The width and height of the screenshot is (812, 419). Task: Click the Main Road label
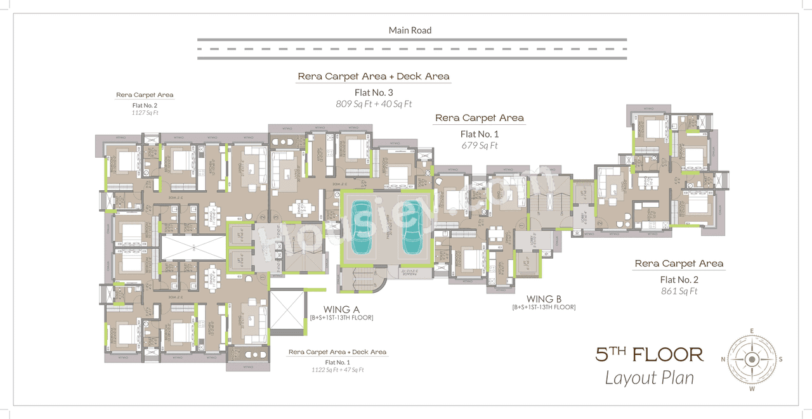click(x=410, y=30)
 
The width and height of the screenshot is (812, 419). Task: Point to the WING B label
click(x=544, y=299)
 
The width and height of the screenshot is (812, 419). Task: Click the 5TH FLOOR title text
click(x=649, y=354)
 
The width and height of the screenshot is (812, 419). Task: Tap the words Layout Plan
click(x=649, y=378)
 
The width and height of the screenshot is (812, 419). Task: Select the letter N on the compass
click(x=723, y=359)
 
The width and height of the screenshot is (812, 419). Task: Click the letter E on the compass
click(x=752, y=331)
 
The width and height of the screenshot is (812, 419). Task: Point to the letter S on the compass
click(x=780, y=359)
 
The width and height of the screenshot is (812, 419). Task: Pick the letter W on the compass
click(x=752, y=388)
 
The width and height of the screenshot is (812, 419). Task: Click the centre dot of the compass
click(x=752, y=359)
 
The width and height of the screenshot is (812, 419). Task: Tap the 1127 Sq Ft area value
click(x=145, y=113)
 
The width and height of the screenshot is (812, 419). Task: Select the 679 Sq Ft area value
click(x=479, y=146)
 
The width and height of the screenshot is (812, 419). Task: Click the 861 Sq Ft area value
click(x=679, y=292)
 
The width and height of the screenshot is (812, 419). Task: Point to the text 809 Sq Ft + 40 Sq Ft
click(x=374, y=104)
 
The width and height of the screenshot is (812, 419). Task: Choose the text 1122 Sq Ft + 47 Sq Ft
click(x=337, y=370)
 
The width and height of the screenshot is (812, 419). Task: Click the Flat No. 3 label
click(x=374, y=93)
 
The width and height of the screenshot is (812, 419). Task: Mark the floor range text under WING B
click(x=544, y=307)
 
